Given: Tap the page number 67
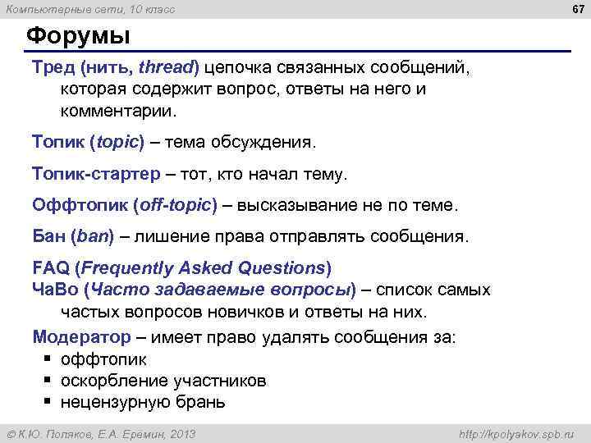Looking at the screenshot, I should (x=577, y=9).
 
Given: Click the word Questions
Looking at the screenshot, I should (x=282, y=268).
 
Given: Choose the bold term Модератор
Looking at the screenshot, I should (x=81, y=337).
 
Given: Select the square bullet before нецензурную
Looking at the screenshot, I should (x=48, y=402).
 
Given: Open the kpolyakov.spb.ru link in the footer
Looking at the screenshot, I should (x=517, y=433).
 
